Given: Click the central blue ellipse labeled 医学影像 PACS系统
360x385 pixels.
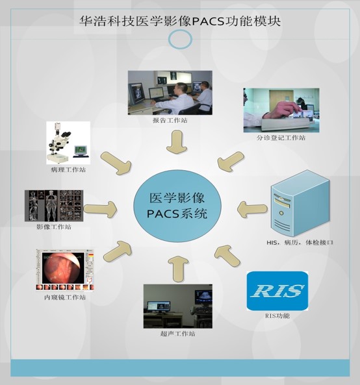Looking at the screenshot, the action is [x=177, y=206].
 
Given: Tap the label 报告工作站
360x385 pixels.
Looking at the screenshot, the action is [x=170, y=120].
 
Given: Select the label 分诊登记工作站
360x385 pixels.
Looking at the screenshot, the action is [x=281, y=138].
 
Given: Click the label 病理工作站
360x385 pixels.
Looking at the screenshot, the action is [x=68, y=169].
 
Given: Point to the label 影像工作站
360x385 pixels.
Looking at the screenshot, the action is [x=54, y=227].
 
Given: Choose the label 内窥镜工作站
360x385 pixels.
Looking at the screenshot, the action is [x=65, y=297].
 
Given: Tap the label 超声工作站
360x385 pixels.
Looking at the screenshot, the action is [x=178, y=334].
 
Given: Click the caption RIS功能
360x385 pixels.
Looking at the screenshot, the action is [x=277, y=316].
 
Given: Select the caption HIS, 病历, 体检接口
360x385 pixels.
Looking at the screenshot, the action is [x=300, y=243].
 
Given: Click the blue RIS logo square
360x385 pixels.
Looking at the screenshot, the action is [x=277, y=291].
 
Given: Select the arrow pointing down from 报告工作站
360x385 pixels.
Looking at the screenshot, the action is [x=177, y=142].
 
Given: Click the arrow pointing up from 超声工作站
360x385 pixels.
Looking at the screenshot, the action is [x=178, y=269].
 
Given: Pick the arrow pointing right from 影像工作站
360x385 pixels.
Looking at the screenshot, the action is [x=100, y=210].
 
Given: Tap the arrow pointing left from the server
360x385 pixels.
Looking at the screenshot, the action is [x=252, y=209].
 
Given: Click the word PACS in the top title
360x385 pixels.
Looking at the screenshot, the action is [x=208, y=21].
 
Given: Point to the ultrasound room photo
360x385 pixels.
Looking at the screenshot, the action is [x=178, y=306].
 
